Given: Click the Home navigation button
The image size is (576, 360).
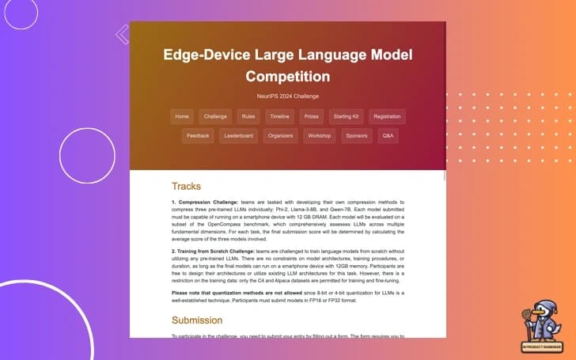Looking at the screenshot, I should (182, 116).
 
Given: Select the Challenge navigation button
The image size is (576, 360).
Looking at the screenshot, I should (215, 116).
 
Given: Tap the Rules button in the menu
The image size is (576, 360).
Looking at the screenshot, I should (248, 116).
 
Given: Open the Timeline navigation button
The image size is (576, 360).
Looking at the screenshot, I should (279, 116).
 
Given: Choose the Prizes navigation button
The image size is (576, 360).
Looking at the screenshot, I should (312, 116).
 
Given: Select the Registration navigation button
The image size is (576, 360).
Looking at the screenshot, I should (387, 116).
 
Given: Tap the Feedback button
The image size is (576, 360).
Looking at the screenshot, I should (198, 136).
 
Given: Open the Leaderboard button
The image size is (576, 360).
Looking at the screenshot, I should (238, 136).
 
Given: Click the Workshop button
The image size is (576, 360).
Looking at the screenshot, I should (320, 136).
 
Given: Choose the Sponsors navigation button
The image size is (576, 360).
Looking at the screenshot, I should (357, 136).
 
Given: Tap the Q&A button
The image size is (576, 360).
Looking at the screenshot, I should (388, 136).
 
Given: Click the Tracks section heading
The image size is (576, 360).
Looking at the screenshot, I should (186, 187).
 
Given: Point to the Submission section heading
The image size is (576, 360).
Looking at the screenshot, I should (197, 320).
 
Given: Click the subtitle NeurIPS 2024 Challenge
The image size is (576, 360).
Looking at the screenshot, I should (287, 95).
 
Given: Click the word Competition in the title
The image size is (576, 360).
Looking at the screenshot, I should (287, 77).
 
